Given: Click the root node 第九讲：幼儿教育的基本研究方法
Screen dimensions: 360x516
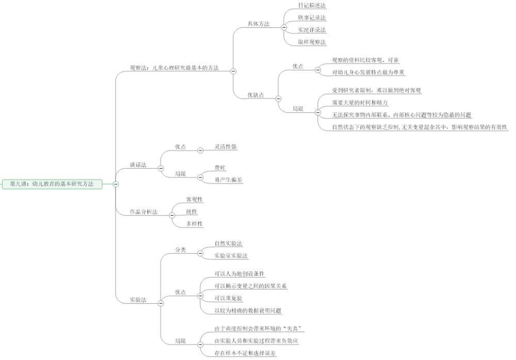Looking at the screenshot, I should (x=52, y=184).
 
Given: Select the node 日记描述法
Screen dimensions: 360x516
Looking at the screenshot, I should (x=312, y=5).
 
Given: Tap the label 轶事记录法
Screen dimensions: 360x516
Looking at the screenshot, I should (x=312, y=18).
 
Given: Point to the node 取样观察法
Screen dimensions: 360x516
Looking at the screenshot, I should (x=312, y=42).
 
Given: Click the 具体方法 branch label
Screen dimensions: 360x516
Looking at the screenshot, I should (x=258, y=24).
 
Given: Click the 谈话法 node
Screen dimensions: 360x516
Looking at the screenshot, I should (x=138, y=165).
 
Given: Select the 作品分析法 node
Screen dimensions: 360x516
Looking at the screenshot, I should (x=144, y=212).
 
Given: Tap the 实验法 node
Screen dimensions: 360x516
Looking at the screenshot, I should (x=138, y=299).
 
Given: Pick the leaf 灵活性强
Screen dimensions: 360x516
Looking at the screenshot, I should (x=226, y=147).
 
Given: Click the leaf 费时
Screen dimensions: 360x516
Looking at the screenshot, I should (x=220, y=168).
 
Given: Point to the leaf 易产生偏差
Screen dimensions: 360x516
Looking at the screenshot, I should (x=229, y=180).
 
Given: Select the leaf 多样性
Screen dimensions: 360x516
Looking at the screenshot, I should (x=195, y=224).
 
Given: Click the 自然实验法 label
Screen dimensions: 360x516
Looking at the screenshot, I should (x=229, y=243).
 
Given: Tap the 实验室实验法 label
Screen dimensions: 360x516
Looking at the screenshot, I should (x=231, y=256).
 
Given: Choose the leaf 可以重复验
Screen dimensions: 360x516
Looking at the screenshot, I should (x=229, y=299).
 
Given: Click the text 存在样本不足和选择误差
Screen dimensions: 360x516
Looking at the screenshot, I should (x=245, y=353).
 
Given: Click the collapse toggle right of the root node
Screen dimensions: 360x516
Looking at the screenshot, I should (x=116, y=184).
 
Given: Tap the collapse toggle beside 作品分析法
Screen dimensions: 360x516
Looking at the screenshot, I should (x=172, y=216).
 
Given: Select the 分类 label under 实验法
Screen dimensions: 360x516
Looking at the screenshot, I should (x=181, y=250).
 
